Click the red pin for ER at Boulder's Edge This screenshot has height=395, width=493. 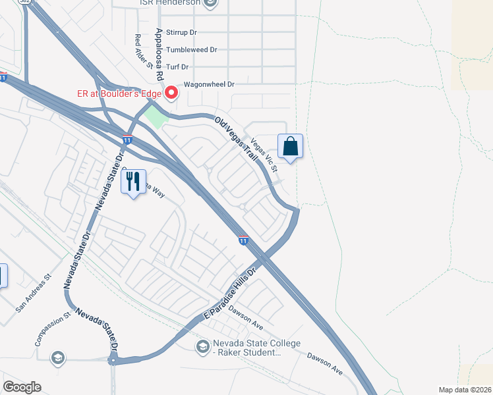click(171, 93)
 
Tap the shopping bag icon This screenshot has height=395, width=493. click(290, 147)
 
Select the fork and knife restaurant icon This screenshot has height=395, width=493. click(134, 181)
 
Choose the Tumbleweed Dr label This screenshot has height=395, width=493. click(192, 49)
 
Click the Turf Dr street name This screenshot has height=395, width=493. click(177, 66)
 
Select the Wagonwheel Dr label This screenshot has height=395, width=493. click(209, 84)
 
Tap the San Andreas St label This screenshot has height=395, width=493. click(34, 292)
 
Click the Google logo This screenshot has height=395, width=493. click(22, 387)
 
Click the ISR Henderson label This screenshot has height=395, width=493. click(170, 3)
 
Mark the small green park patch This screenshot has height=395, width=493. click(156, 119)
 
